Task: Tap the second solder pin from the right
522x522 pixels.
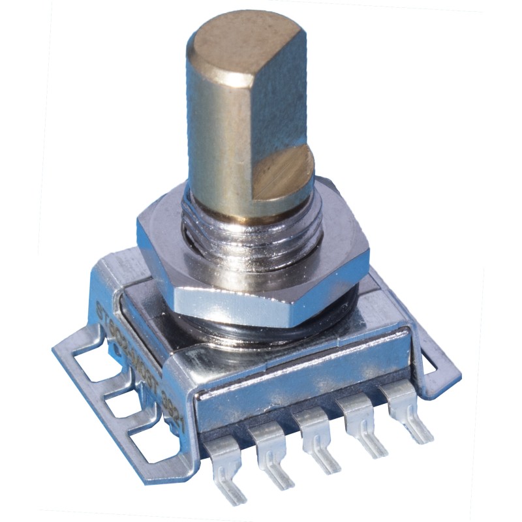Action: (359, 418)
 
